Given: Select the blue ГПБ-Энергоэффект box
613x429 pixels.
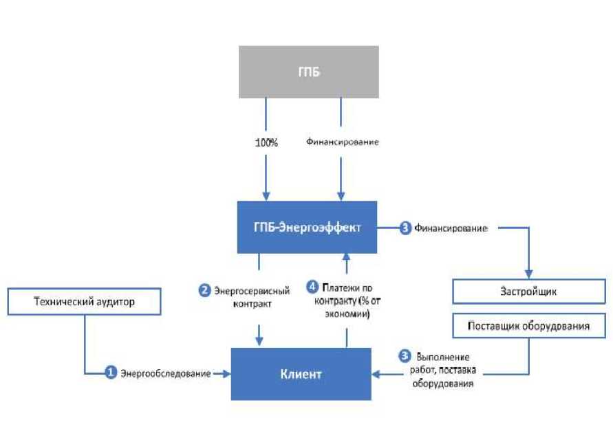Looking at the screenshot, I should pyautogui.click(x=307, y=227).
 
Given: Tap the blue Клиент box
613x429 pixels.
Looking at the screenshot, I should pyautogui.click(x=301, y=374).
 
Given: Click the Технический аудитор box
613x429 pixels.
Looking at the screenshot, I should pyautogui.click(x=84, y=300).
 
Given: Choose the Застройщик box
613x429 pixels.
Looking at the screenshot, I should pyautogui.click(x=528, y=291).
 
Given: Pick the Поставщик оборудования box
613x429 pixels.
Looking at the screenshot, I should pyautogui.click(x=528, y=326).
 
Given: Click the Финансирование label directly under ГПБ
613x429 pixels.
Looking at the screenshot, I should pyautogui.click(x=342, y=143).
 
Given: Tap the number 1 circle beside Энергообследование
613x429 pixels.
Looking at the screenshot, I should pyautogui.click(x=110, y=373).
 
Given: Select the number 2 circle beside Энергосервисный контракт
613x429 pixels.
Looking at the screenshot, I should pyautogui.click(x=204, y=290).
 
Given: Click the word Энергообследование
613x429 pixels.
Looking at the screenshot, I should pyautogui.click(x=165, y=374).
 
